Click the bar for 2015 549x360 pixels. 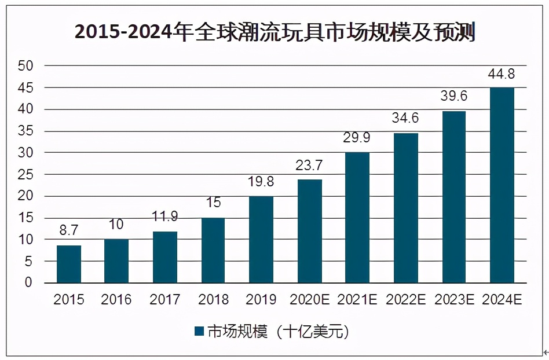point(69,264)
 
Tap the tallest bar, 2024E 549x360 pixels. point(502,185)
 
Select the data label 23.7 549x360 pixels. point(309,166)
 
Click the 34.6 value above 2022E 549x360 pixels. point(406,119)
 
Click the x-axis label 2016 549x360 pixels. point(116,300)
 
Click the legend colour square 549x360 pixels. point(199,332)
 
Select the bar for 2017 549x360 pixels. point(165,257)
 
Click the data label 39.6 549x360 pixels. point(454,97)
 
